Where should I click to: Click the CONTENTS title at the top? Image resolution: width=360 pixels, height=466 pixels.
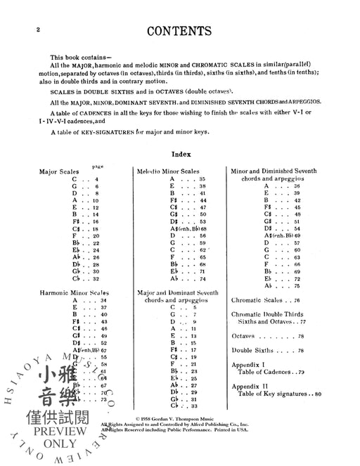tap(180, 31)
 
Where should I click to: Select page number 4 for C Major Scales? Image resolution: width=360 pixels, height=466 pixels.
tap(96, 179)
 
